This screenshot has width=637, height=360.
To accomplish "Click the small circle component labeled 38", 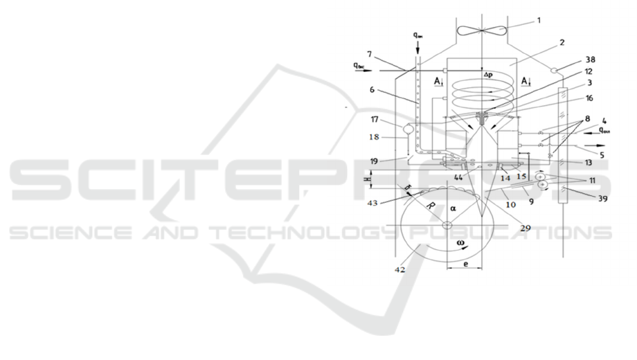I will coord(555,70).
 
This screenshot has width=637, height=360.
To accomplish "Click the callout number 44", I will coord(459,178).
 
